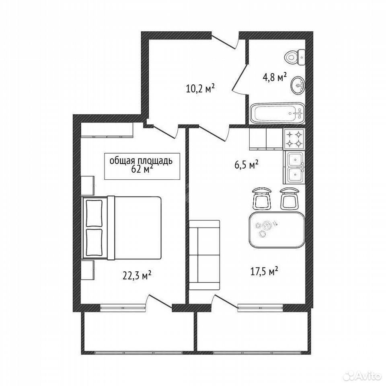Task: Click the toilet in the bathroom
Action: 295,57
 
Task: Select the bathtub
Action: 277,113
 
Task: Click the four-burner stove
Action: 294,139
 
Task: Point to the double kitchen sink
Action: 295,167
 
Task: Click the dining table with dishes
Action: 277,230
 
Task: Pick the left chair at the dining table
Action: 262,198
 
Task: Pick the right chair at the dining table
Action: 289,198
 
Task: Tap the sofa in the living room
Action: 204,255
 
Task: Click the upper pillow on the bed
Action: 94,213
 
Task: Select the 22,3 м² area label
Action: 137,276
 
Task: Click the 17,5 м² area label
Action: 265,272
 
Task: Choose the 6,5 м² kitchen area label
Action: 246,165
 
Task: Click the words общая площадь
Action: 141,161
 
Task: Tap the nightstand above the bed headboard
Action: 87,186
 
